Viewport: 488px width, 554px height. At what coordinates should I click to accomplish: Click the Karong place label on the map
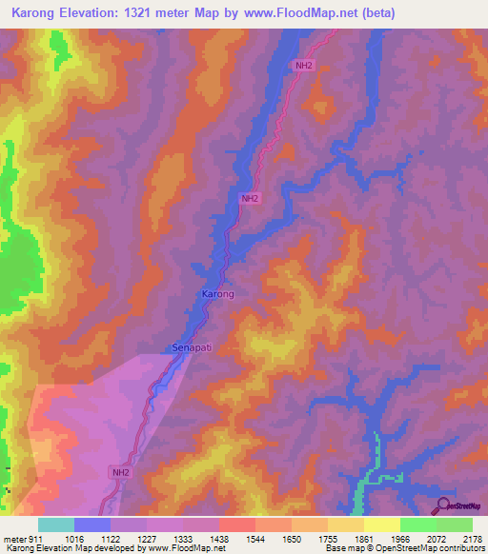[x=217, y=294]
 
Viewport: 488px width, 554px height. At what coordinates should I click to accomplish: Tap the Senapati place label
[x=192, y=348]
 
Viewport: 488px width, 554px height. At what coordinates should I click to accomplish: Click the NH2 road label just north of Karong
[x=250, y=198]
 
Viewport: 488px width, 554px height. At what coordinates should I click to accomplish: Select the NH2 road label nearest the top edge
[x=303, y=66]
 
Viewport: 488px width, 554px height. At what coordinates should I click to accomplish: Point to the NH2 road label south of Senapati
[x=120, y=472]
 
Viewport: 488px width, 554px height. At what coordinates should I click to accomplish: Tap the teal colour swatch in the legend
[x=56, y=524]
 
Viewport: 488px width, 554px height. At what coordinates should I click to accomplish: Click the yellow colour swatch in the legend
[x=381, y=524]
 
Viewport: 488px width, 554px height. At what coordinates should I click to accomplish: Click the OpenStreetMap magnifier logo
[x=443, y=505]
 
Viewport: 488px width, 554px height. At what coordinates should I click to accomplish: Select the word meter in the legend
[x=12, y=539]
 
